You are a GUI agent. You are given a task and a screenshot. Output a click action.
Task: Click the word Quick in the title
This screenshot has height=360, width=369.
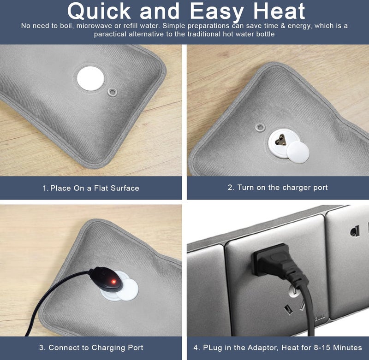[99, 11]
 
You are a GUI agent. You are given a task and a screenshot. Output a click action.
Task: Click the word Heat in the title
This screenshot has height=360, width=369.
[279, 11]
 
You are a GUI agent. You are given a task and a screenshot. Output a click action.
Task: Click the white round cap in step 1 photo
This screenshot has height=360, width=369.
[90, 78]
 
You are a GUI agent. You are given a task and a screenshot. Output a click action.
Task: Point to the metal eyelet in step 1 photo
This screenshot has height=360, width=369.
[112, 92]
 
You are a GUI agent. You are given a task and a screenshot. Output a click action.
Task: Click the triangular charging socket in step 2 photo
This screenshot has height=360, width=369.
[281, 141]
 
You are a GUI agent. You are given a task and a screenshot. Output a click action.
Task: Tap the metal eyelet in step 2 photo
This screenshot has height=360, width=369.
[260, 127]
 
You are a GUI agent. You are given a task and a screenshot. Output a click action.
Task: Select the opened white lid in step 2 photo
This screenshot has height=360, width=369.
[298, 152]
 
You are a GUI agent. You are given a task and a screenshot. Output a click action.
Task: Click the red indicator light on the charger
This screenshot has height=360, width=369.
[113, 281]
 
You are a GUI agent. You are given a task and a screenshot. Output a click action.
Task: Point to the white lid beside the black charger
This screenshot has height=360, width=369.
[128, 290]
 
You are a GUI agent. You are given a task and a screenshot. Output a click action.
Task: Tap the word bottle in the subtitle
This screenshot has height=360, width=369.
[265, 34]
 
